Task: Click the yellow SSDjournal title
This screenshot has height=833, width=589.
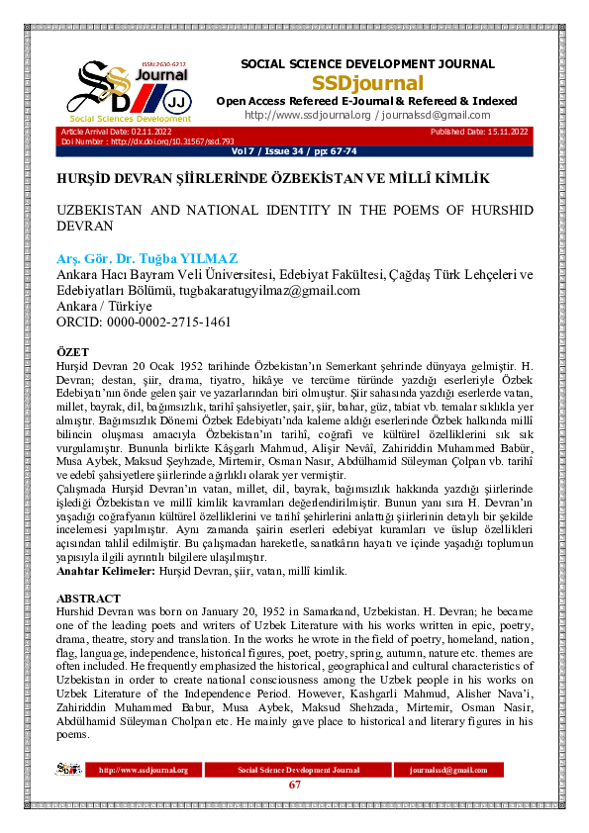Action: (x=367, y=83)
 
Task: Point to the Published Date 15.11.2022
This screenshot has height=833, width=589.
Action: (x=479, y=133)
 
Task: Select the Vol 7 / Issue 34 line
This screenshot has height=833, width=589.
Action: (x=294, y=152)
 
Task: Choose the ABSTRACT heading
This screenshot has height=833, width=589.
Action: (x=89, y=599)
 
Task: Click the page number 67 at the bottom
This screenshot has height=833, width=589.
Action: (x=294, y=786)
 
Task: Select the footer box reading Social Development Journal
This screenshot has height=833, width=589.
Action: (x=298, y=770)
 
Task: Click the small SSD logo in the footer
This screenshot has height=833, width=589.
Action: (x=68, y=769)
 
